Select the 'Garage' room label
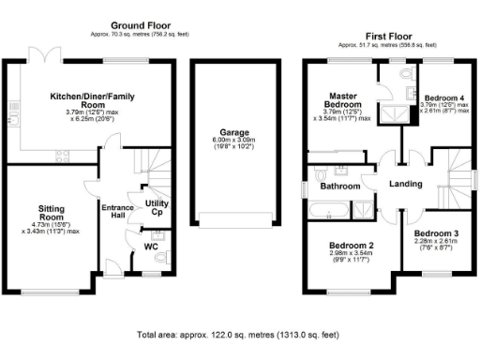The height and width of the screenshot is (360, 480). [x=234, y=133]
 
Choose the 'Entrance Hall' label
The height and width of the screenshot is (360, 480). [x=117, y=212]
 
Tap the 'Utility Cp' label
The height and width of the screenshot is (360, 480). [x=156, y=207]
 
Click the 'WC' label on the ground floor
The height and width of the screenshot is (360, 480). [x=150, y=247]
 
